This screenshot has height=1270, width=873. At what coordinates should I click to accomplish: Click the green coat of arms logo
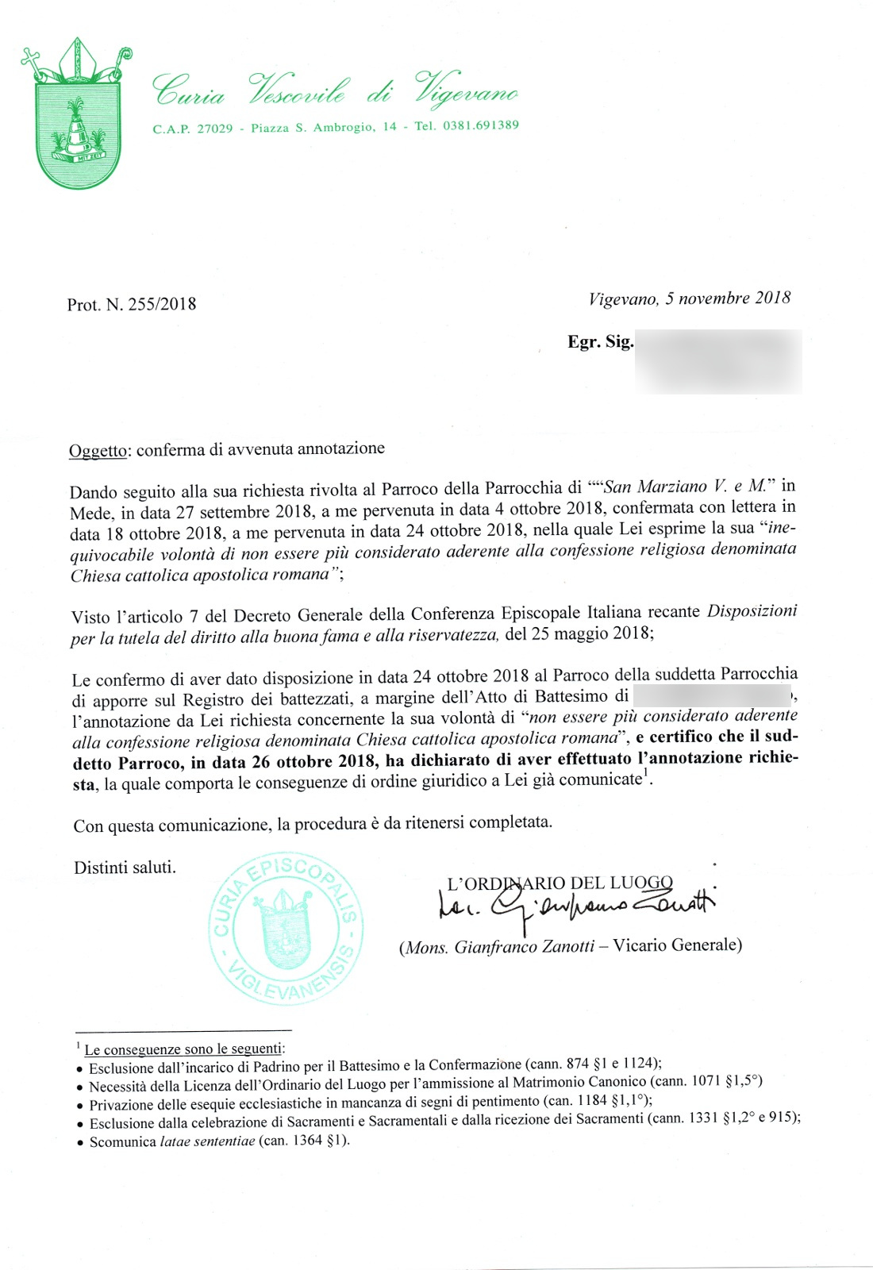77,115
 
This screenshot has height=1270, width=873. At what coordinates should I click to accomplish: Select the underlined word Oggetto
98,451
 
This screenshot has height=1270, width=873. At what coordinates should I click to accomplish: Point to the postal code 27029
214,129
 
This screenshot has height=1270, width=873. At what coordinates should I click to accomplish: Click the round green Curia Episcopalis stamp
286,929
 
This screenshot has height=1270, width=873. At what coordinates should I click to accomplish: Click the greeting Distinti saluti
125,868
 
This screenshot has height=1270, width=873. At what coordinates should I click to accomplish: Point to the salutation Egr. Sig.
600,342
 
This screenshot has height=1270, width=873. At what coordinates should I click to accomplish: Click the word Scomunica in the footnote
123,1141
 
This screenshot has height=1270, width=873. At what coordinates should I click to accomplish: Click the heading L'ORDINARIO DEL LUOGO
560,883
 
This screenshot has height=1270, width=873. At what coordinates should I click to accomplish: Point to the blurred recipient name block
718,361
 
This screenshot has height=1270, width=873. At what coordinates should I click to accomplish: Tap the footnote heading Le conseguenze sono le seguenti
183,1049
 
